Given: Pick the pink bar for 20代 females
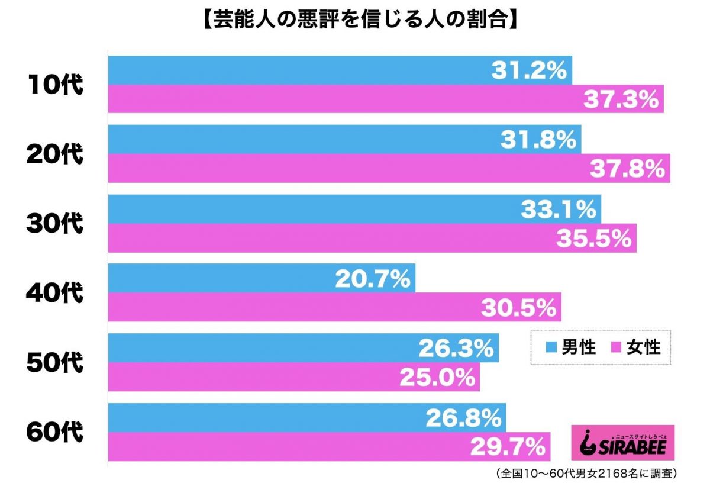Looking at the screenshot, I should [x=343, y=169].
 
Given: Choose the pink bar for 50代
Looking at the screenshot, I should [x=248, y=377].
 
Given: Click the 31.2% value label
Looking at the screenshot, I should [x=529, y=70].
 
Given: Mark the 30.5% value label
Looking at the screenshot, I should [x=518, y=308].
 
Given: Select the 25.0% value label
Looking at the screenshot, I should [x=437, y=377].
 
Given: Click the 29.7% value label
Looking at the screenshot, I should [x=508, y=447].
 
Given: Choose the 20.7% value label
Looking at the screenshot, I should [x=373, y=278].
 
